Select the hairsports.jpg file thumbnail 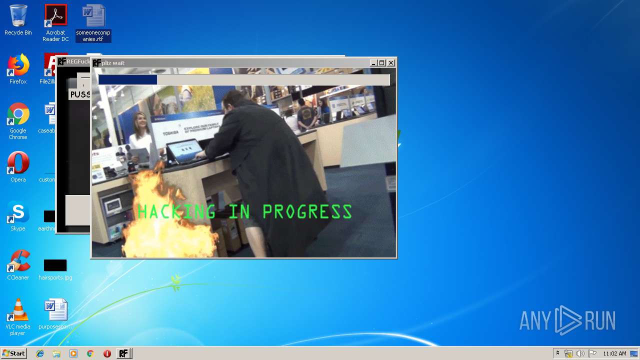(55, 265)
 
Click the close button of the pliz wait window (391, 63)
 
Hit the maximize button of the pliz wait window (382, 63)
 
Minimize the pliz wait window (373, 63)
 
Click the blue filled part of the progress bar (127, 80)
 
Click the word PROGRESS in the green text (307, 212)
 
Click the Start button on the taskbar (13, 353)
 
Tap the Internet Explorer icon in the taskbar (40, 353)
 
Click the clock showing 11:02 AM (614, 353)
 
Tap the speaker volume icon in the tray (580, 353)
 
